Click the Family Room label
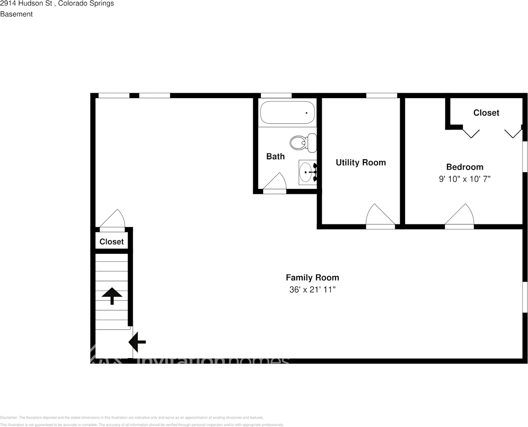pos(312,278)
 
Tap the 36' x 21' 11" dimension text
pos(312,290)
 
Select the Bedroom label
pos(465,167)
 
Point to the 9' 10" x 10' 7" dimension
pos(465,179)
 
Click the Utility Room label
pos(361,162)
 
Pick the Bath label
pos(275,157)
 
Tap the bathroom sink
pos(307,172)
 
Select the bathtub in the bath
pos(287,112)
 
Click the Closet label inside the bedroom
pos(486,112)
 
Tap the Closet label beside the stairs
pos(112,242)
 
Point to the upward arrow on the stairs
pos(112,296)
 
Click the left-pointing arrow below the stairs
pos(137,342)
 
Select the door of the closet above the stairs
pos(112,220)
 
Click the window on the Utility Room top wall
pos(381,95)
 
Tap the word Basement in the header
pos(16,14)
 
